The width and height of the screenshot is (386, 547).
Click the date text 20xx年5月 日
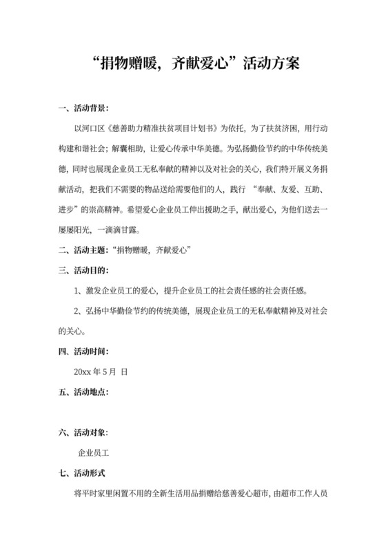coord(101,372)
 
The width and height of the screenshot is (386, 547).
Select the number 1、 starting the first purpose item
coord(78,291)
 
